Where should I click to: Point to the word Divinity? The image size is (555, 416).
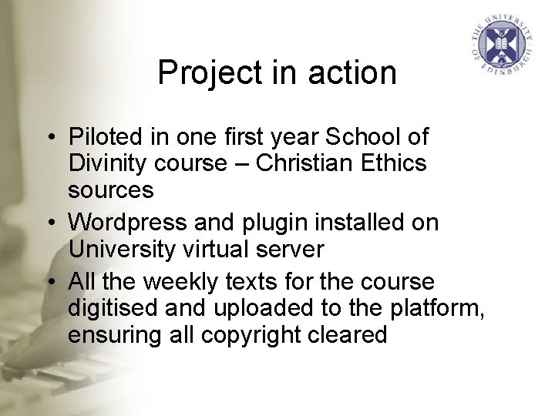[x=107, y=163]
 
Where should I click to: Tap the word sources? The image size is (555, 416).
[x=111, y=189]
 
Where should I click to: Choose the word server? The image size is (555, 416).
[x=296, y=249]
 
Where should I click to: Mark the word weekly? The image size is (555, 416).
[x=185, y=282]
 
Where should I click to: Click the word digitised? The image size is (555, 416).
[x=113, y=308]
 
